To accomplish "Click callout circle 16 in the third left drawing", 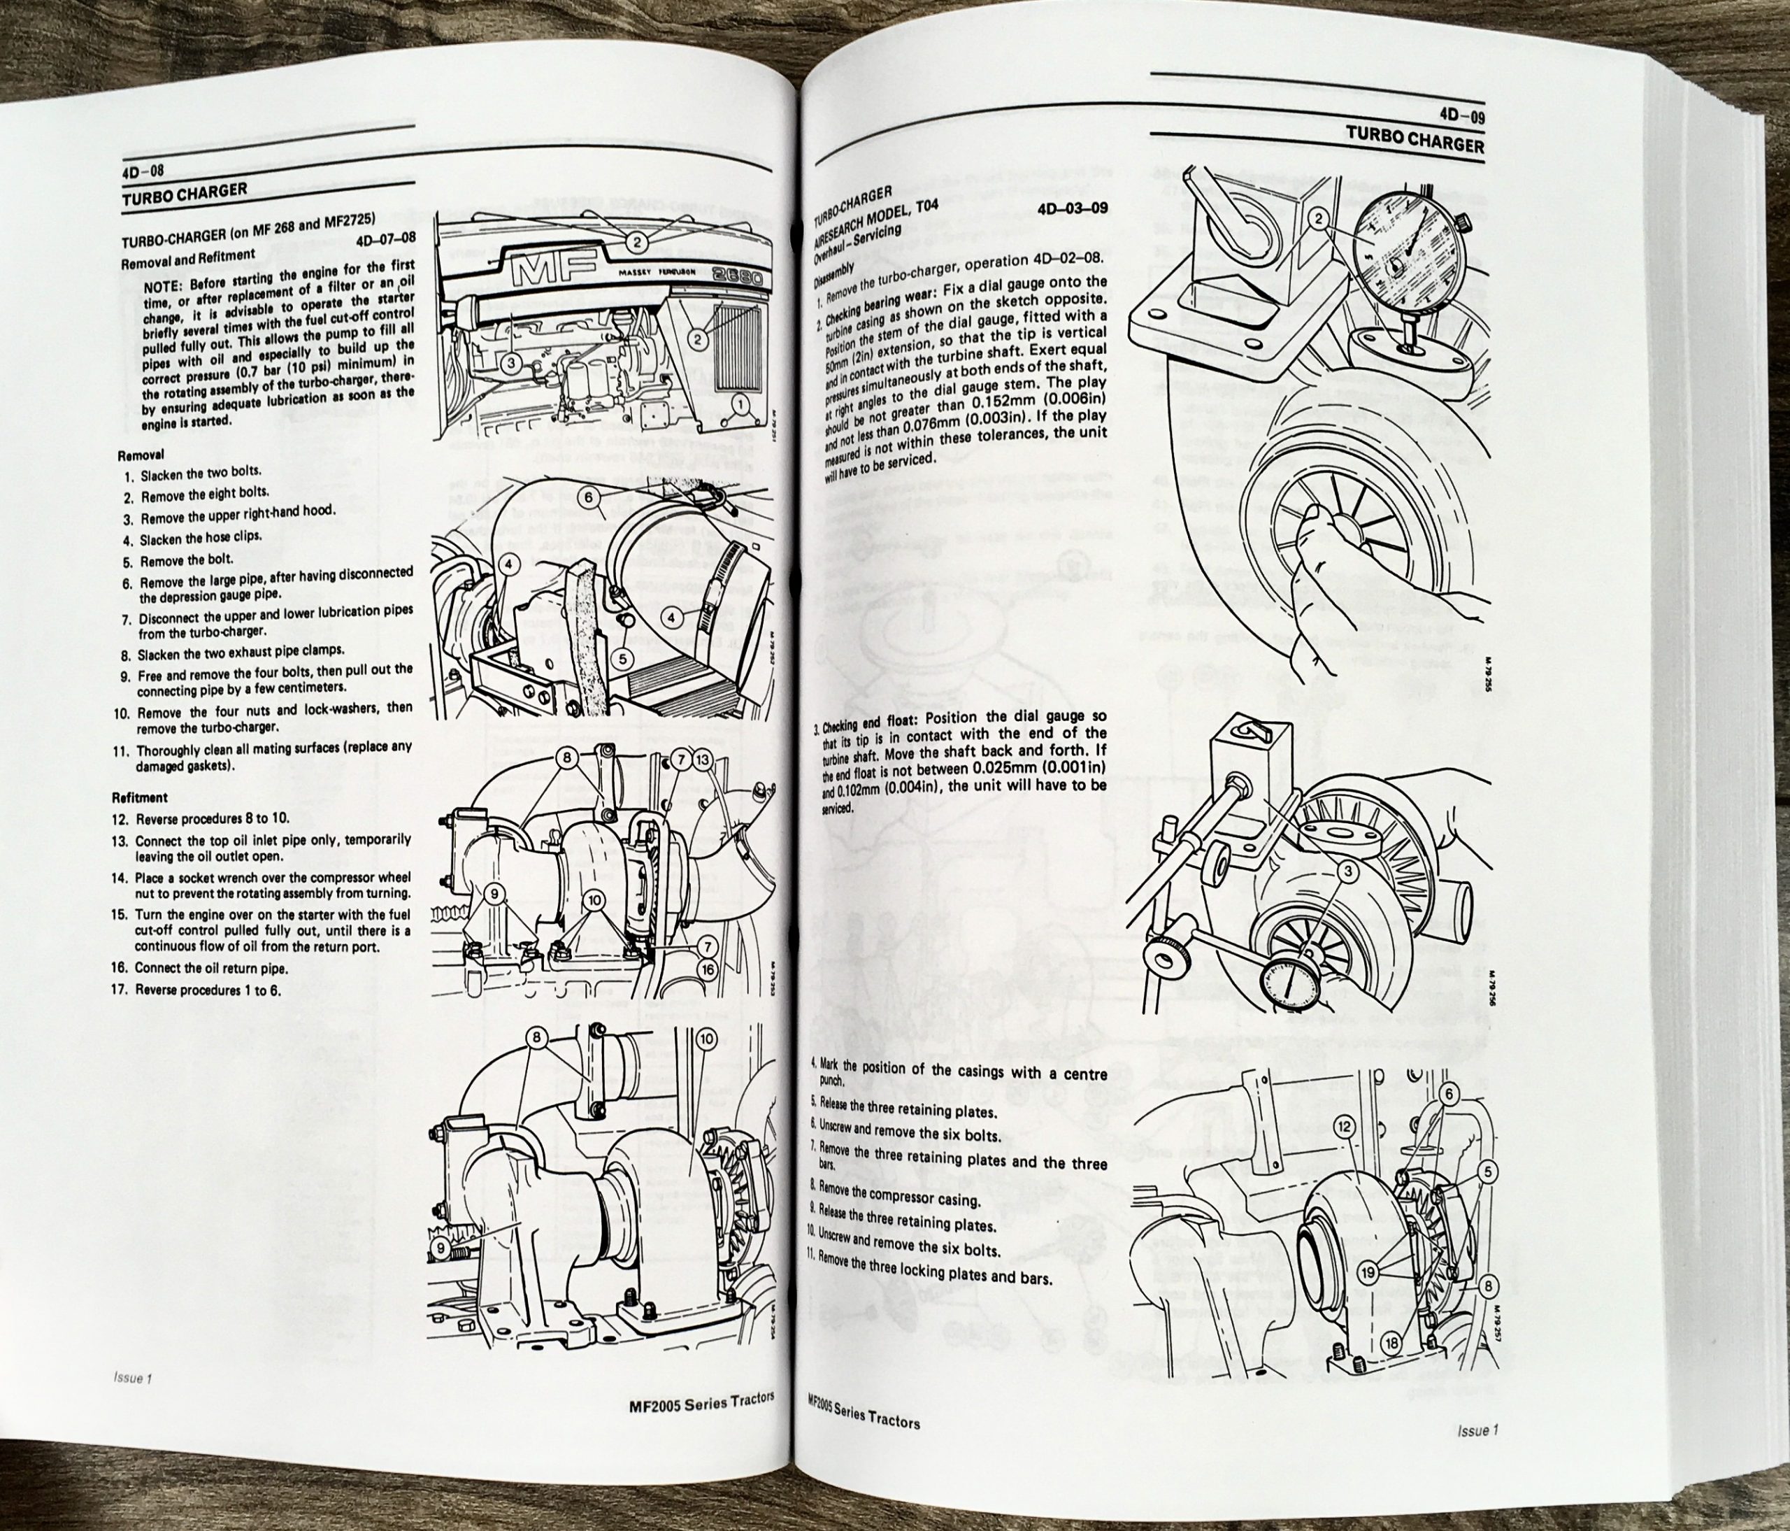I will click(708, 969).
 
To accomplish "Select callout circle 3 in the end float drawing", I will click(1346, 874).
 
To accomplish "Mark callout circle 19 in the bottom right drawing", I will click(1368, 1273).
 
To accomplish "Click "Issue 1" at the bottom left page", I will click(132, 1378).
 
